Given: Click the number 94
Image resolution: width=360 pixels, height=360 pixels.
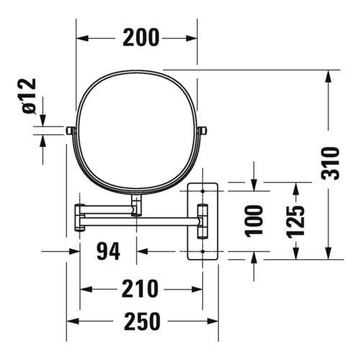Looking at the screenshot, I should (108, 252).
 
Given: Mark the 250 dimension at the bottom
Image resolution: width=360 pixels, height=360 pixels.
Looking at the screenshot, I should (140, 320).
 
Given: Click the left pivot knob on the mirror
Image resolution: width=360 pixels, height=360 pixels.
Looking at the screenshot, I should (70, 130).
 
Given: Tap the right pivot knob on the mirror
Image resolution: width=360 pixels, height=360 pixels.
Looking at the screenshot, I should (204, 130).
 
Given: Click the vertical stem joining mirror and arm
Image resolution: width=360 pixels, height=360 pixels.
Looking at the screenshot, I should (136, 204).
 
